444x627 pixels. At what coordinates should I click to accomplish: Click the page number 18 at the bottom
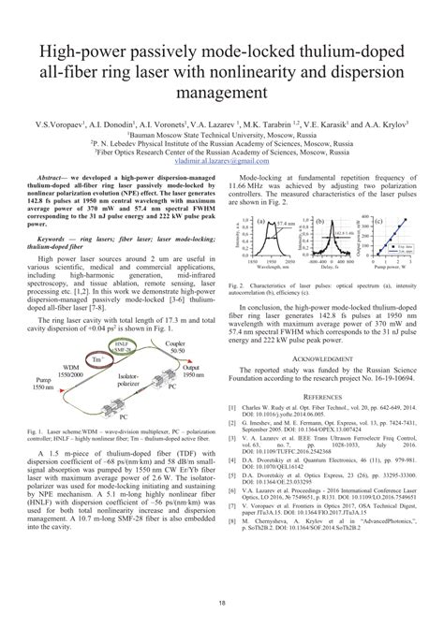222,605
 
